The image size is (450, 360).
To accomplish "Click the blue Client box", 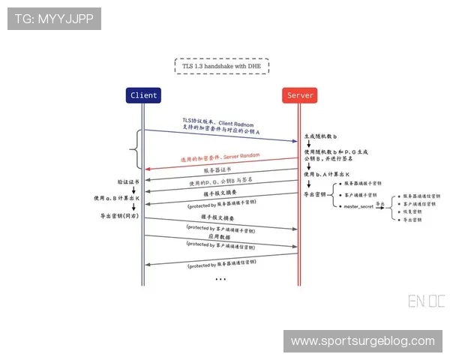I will click(144, 95).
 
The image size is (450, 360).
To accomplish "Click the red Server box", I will click(301, 95).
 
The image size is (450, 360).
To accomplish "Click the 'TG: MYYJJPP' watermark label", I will click(54, 18).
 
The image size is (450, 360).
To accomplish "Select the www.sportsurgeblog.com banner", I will click(362, 341).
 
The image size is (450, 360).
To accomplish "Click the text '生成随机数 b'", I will click(320, 137).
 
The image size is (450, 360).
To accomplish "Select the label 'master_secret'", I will click(358, 206).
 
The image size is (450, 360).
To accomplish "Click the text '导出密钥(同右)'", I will click(119, 216).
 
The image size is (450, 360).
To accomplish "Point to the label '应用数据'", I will click(220, 235).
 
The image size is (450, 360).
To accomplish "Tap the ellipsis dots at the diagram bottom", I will click(220, 279).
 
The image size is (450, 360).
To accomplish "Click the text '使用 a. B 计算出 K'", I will click(118, 199).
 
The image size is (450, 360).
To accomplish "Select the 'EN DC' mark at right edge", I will click(426, 302).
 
